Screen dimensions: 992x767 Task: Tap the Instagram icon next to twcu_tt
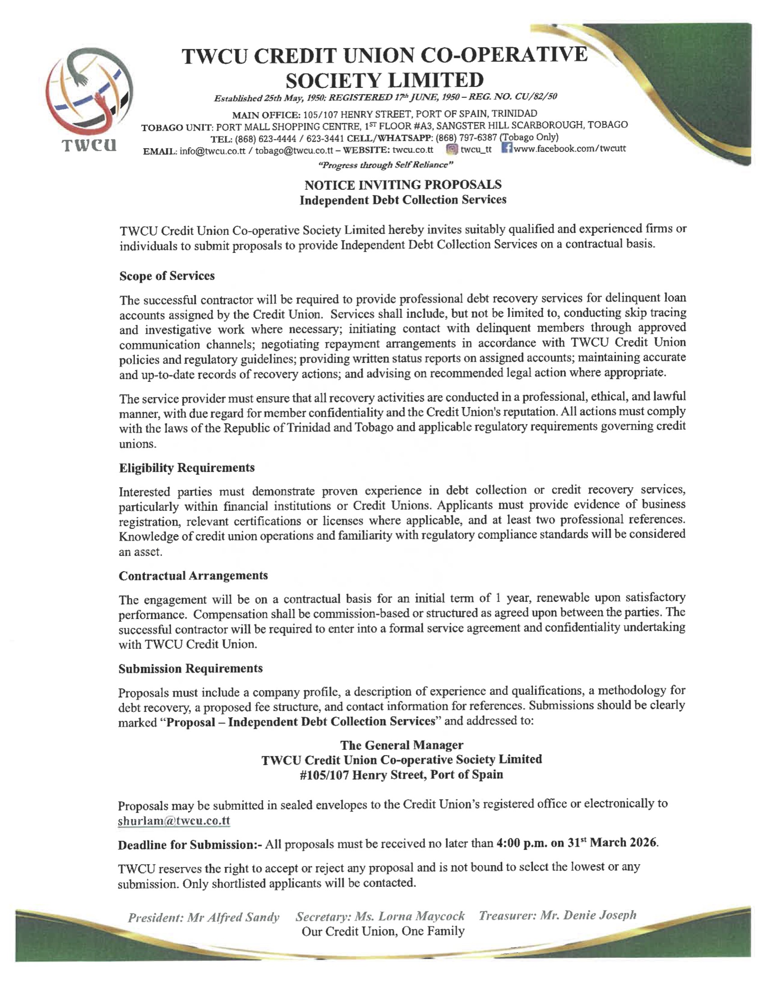[451, 149]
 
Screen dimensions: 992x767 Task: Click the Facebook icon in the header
[507, 148]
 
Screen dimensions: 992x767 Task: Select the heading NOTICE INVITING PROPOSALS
[402, 185]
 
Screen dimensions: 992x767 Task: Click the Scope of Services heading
[167, 276]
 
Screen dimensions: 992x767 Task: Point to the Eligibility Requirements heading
[187, 468]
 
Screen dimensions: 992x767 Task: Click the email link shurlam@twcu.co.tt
[174, 821]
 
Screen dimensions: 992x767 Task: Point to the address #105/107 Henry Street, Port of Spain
[402, 774]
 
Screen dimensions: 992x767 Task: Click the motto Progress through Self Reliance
[386, 165]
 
